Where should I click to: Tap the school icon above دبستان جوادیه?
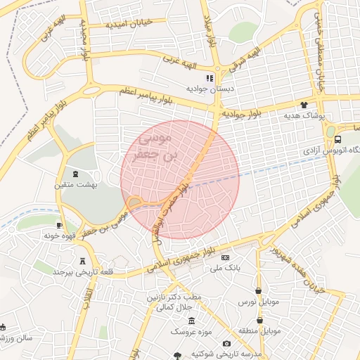(x=209, y=78)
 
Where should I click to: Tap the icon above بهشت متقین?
(x=75, y=174)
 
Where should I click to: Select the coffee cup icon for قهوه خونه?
(x=59, y=226)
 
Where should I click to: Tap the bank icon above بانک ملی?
(x=225, y=257)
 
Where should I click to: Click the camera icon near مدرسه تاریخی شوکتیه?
(x=226, y=343)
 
